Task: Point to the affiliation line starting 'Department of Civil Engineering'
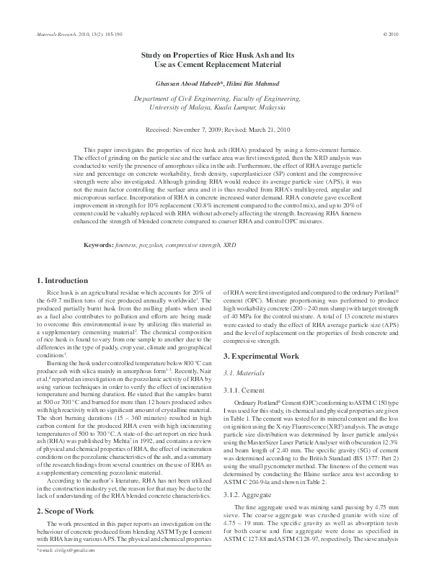pos(214,97)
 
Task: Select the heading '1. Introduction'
pos(63,280)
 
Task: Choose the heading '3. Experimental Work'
pos(261,356)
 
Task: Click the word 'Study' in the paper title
pos(150,55)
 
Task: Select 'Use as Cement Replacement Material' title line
pos(214,65)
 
